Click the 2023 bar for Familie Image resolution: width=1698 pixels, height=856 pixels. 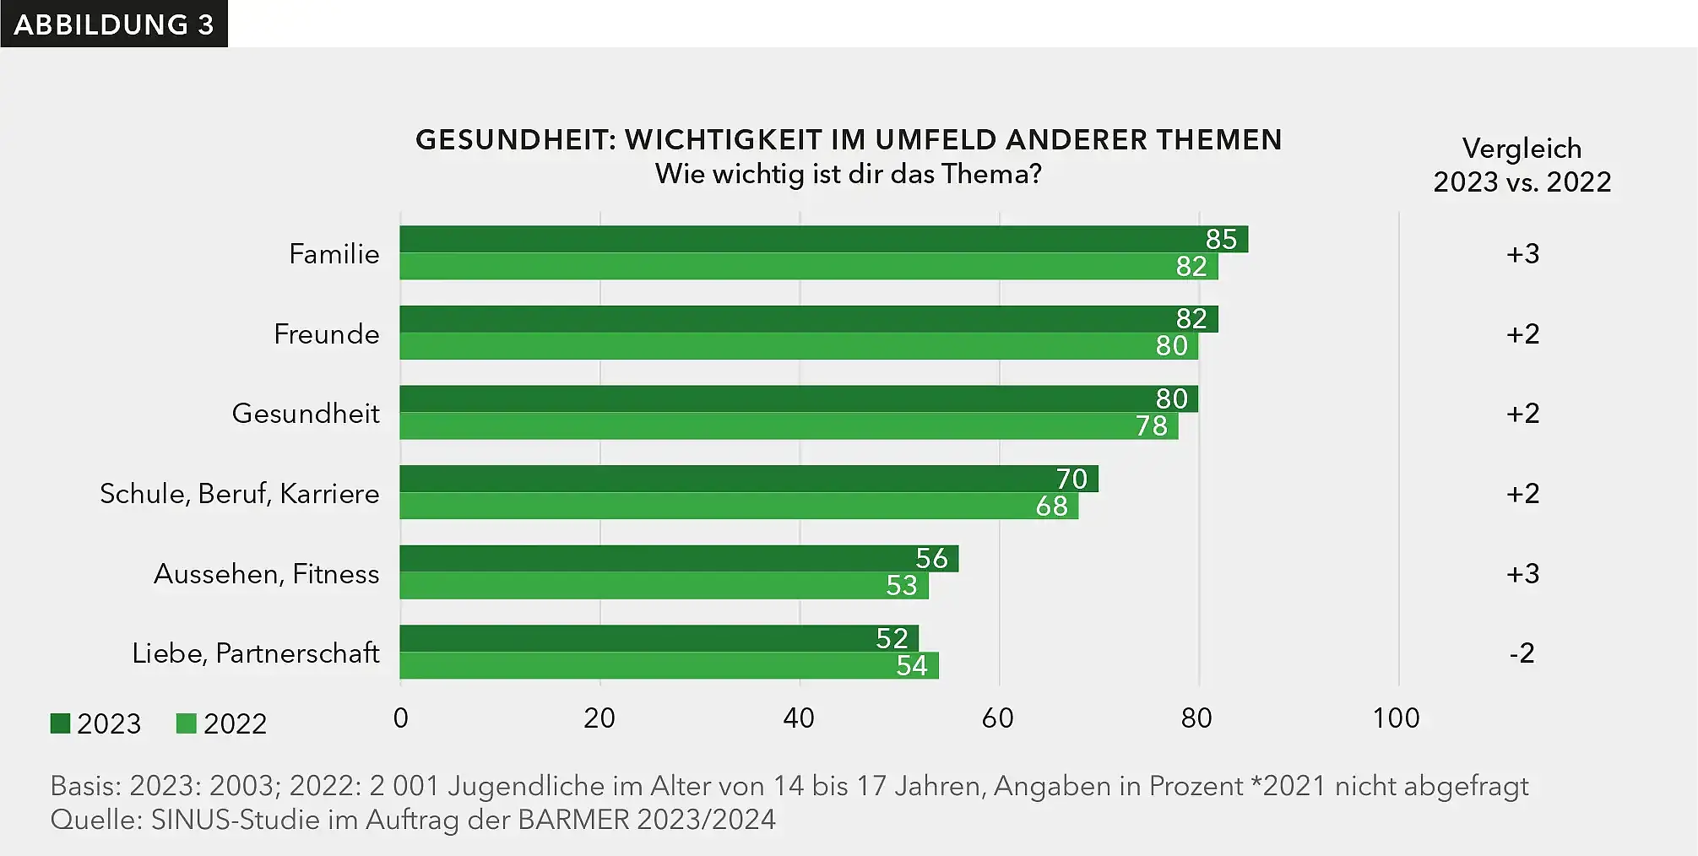coord(823,239)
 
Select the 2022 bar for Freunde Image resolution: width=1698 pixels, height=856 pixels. coord(798,346)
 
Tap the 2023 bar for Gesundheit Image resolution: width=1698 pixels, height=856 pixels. coord(798,398)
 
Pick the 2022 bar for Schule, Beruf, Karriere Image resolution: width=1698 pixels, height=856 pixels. coord(739,506)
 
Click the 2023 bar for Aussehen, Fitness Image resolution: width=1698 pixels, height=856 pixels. coord(679,558)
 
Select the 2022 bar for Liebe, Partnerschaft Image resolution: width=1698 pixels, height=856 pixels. coord(669,665)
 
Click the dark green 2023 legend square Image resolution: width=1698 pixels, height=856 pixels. coord(60,723)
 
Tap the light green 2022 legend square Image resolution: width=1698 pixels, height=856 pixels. coord(186,723)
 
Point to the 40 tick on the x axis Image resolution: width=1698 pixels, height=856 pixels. coord(799,718)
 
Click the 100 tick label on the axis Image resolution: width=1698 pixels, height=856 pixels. coord(1396,718)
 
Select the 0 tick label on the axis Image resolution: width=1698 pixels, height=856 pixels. coord(401,718)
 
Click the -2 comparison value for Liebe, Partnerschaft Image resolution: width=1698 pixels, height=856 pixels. coord(1522,653)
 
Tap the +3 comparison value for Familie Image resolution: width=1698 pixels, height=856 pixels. coord(1522,253)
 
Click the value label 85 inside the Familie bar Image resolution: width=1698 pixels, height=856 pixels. coord(1221,239)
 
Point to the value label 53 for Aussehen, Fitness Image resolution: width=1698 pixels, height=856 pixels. coord(901,585)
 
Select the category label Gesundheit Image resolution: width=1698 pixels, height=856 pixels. coord(306,413)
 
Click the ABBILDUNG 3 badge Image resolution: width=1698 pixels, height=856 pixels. coord(114,24)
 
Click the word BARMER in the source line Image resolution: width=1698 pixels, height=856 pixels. coord(573,819)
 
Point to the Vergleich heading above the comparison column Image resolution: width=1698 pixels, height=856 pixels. coord(1522,149)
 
